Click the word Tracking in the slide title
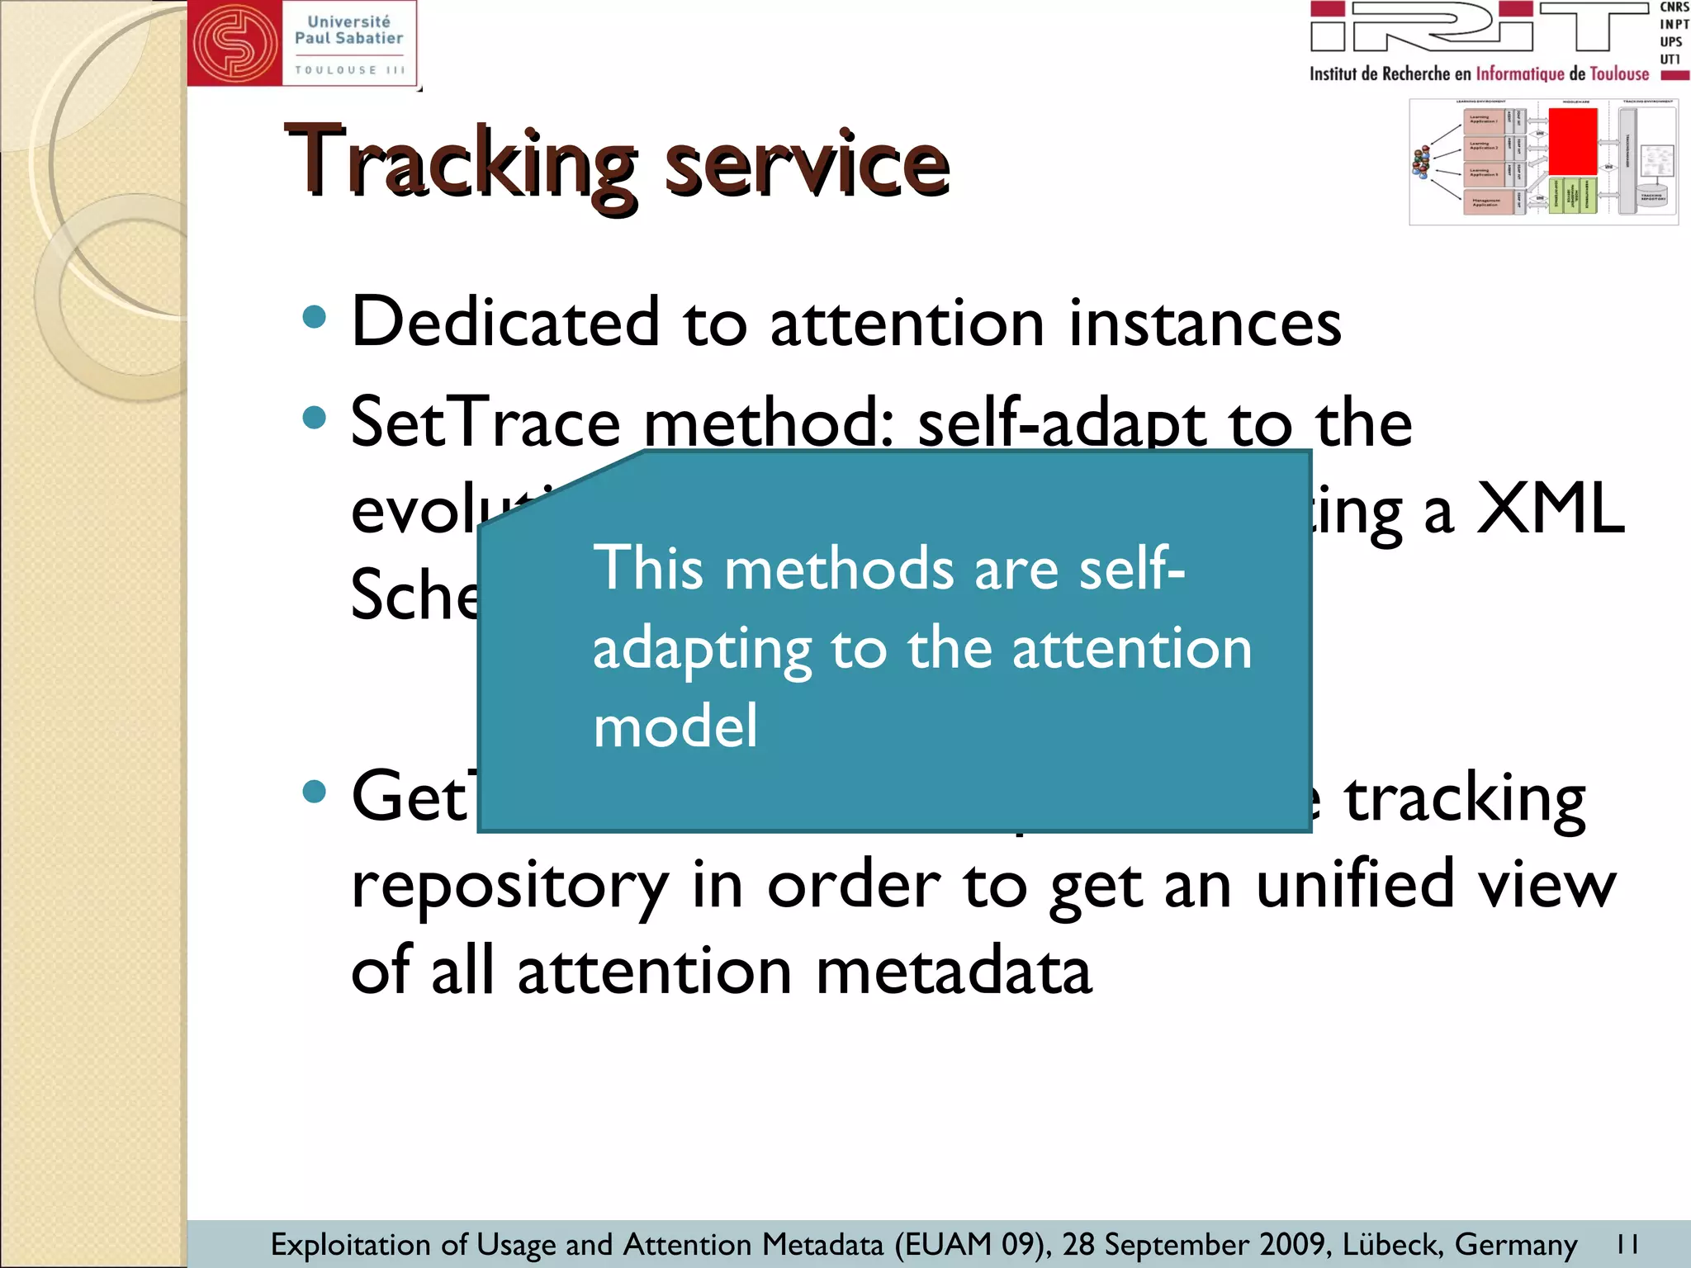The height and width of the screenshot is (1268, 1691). (x=460, y=163)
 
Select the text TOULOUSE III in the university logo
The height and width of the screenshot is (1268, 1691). (x=350, y=70)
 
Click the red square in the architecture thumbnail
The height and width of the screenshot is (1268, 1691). (x=1572, y=141)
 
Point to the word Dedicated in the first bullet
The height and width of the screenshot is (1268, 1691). (x=505, y=321)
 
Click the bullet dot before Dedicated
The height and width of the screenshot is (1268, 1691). (x=315, y=317)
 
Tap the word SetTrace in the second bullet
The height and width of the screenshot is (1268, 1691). (x=485, y=422)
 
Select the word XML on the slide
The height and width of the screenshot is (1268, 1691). (x=1550, y=509)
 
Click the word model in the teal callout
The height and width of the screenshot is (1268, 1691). (x=675, y=726)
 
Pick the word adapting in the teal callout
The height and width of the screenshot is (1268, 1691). (x=703, y=650)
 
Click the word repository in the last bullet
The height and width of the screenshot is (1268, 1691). (x=509, y=885)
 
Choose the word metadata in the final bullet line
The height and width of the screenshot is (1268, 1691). (x=954, y=971)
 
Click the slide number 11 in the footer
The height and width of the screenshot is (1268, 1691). (x=1627, y=1243)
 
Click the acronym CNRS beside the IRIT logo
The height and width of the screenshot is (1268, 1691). (x=1674, y=7)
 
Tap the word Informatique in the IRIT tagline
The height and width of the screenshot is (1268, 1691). (x=1520, y=74)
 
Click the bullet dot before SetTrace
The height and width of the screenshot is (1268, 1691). (x=315, y=417)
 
